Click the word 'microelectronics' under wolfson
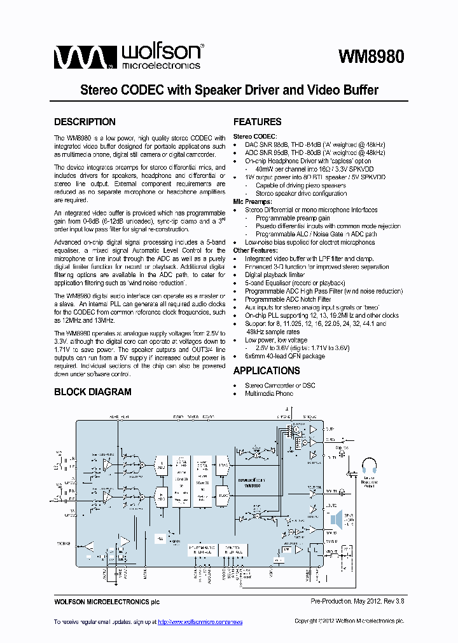point(160,65)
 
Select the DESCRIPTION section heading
point(85,122)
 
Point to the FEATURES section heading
point(257,122)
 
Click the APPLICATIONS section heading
point(266,371)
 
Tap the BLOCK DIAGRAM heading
point(93,392)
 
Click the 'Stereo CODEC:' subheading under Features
point(255,137)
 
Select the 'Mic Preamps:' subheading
point(253,201)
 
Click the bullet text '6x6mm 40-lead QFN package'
point(285,356)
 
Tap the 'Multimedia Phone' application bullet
point(269,394)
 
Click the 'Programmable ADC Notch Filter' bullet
point(288,299)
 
